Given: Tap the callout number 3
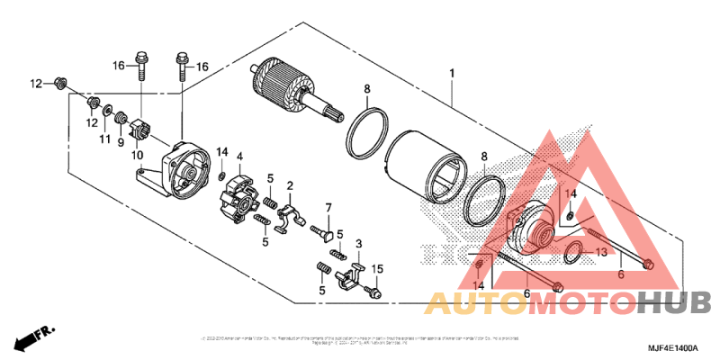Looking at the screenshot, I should click(x=359, y=244).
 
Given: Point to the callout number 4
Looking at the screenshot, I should click(x=240, y=157).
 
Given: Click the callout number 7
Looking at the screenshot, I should click(x=328, y=208).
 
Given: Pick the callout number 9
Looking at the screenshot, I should click(x=121, y=141).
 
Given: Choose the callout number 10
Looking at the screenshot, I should click(x=139, y=155).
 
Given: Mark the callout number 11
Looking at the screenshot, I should click(x=105, y=139).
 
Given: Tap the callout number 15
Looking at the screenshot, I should click(x=378, y=269).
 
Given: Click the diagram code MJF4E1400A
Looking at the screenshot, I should click(x=670, y=346).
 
